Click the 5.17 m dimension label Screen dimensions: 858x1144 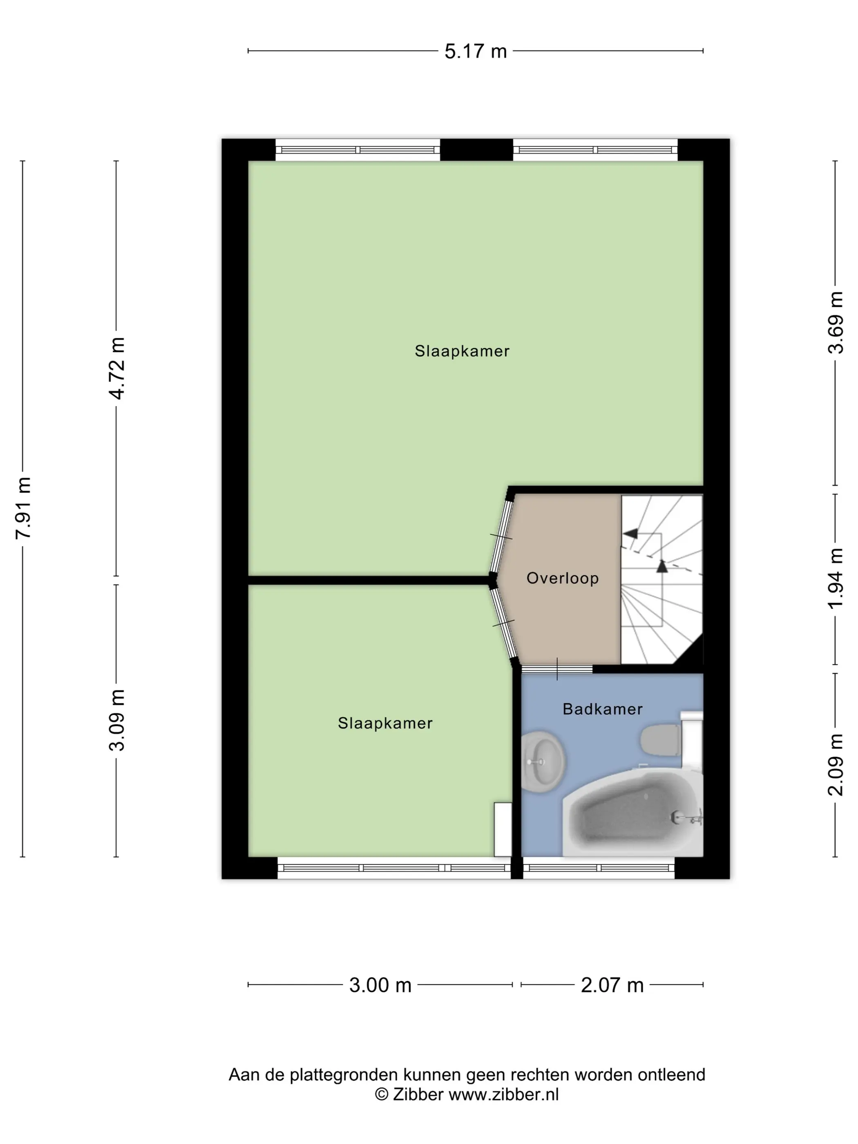[475, 51]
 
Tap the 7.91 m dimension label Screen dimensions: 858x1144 [23, 508]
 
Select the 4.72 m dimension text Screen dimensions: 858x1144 [117, 368]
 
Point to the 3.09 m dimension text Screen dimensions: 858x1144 [117, 720]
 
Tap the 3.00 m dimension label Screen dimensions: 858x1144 [380, 985]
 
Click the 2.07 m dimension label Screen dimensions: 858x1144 [612, 985]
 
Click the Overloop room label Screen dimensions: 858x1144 [563, 578]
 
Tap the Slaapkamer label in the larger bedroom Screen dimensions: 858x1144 [462, 351]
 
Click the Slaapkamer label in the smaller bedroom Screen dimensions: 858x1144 [385, 723]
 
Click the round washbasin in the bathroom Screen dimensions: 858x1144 [542, 761]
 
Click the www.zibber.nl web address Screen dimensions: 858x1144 [503, 1094]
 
